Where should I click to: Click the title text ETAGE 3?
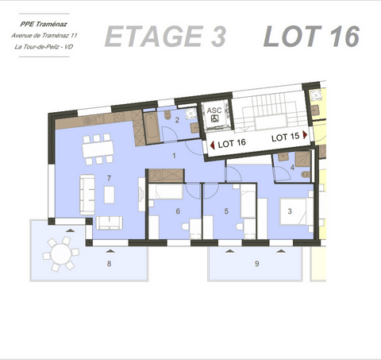click(x=165, y=37)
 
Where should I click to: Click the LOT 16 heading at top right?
click(x=311, y=37)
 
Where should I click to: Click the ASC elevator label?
click(x=215, y=111)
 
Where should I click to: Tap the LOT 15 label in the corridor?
click(x=285, y=137)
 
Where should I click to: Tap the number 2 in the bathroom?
click(x=177, y=121)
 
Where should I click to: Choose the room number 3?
click(x=290, y=211)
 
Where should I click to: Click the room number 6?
click(x=178, y=211)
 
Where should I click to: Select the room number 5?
click(x=226, y=211)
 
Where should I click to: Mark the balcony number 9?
click(x=256, y=263)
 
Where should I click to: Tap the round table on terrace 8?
click(x=61, y=255)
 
